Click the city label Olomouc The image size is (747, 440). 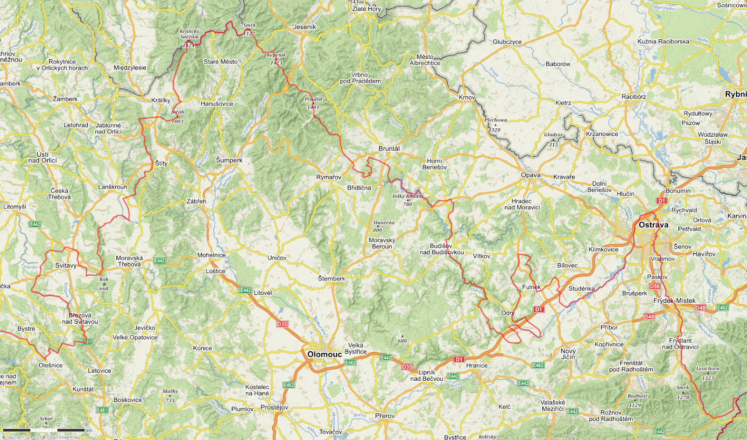click(324, 354)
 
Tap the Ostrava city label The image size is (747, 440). click(653, 225)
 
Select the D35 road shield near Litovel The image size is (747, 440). click(282, 324)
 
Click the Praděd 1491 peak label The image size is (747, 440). click(313, 103)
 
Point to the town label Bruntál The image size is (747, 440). click(389, 148)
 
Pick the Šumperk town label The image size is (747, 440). click(229, 160)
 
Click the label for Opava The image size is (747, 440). click(530, 175)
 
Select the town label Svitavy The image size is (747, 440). click(66, 265)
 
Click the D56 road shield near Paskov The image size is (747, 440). click(655, 286)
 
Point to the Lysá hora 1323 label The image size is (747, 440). click(708, 373)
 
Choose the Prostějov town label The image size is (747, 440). click(274, 407)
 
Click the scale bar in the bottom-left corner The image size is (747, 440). click(45, 430)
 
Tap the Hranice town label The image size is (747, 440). click(477, 365)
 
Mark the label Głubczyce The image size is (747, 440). click(507, 42)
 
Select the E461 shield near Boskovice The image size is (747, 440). click(102, 410)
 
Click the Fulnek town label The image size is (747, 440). click(531, 287)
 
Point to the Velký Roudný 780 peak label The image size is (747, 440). click(408, 200)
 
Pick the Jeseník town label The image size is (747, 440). click(304, 27)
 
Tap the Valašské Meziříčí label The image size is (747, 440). click(553, 405)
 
